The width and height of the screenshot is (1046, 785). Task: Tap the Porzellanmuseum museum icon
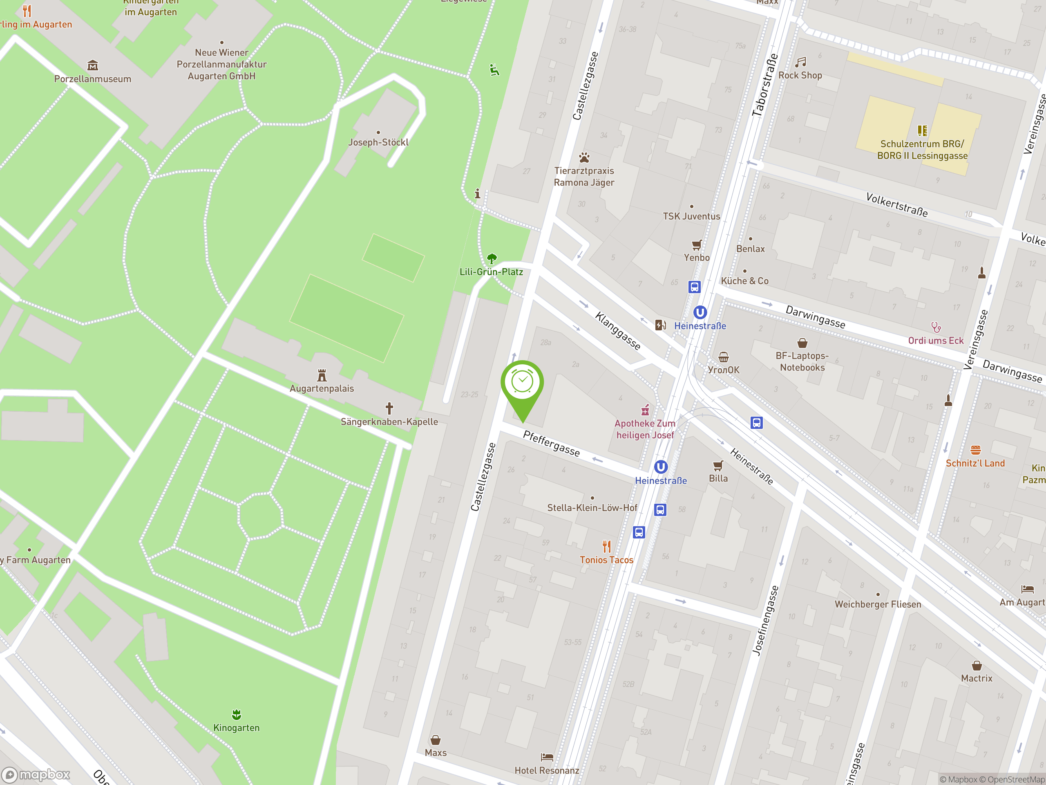93,65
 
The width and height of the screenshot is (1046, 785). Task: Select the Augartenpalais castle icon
322,376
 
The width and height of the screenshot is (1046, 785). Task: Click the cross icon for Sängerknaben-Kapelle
389,408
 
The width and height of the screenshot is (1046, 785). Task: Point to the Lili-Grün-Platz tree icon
492,258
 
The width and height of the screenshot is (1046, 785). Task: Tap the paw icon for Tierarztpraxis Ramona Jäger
584,157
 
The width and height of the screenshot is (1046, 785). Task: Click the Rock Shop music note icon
800,62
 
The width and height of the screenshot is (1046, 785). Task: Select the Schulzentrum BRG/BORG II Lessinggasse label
922,150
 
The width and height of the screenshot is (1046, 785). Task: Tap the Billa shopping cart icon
718,466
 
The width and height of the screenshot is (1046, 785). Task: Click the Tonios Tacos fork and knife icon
607,547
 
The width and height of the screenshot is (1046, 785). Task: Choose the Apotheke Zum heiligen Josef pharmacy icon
645,410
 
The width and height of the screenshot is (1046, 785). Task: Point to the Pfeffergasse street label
551,443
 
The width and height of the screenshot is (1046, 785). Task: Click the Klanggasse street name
617,331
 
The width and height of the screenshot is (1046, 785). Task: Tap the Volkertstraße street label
896,204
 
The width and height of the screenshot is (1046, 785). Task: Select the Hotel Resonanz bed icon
547,757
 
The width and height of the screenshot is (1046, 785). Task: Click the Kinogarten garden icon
237,715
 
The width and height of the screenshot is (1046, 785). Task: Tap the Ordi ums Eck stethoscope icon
936,327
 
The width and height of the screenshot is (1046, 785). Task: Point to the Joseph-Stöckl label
378,142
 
